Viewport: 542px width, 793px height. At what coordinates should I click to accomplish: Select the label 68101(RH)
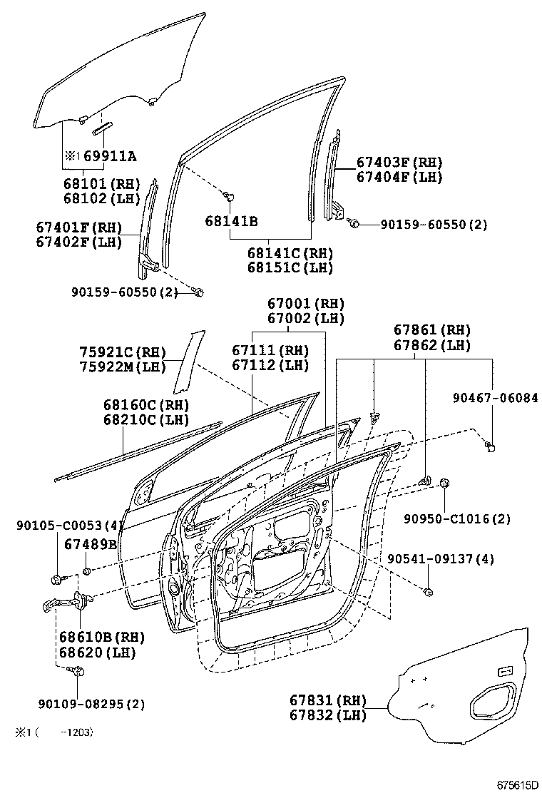101,184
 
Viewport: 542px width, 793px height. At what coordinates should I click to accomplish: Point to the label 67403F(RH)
399,163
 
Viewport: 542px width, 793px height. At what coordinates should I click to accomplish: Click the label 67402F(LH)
79,242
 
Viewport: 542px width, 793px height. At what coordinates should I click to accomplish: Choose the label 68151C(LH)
290,267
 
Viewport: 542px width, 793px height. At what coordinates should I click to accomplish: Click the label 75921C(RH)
123,352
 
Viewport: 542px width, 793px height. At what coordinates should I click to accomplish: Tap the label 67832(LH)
328,715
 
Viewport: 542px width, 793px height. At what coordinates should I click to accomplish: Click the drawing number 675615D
517,784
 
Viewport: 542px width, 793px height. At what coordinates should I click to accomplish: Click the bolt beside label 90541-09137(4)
429,591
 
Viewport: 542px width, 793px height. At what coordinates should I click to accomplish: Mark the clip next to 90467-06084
491,446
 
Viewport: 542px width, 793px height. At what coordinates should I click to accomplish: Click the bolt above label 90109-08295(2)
78,671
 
